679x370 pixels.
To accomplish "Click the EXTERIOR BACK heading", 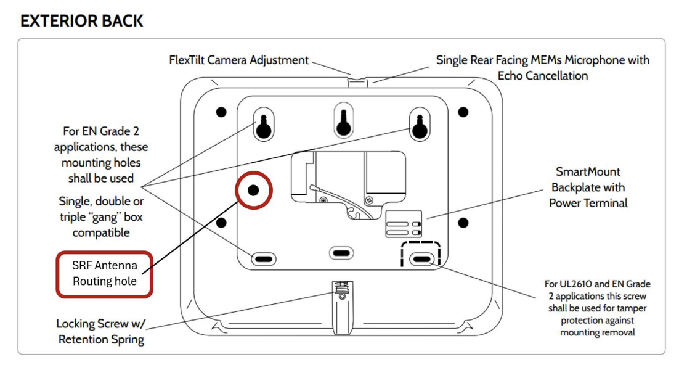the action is pyautogui.click(x=81, y=21).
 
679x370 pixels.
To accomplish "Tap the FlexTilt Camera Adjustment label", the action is pyautogui.click(x=238, y=60).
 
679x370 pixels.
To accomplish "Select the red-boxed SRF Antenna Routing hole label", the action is pyautogui.click(x=104, y=273).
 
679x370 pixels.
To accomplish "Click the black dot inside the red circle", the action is pyautogui.click(x=253, y=190).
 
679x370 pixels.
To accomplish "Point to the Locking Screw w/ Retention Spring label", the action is pyautogui.click(x=101, y=331).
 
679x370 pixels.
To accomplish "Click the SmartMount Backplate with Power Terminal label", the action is pyautogui.click(x=588, y=187).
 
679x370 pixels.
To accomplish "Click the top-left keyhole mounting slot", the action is pyautogui.click(x=264, y=125).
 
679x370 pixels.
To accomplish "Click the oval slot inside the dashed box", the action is pyautogui.click(x=422, y=259).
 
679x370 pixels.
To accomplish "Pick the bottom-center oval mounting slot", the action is pyautogui.click(x=341, y=253).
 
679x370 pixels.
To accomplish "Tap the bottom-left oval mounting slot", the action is pyautogui.click(x=264, y=259).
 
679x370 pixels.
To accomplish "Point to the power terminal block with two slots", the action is pyautogui.click(x=404, y=224).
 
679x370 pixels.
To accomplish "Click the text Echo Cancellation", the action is pyautogui.click(x=543, y=76).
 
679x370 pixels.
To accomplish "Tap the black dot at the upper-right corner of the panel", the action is pyautogui.click(x=463, y=112).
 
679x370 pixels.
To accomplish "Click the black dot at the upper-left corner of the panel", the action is pyautogui.click(x=221, y=112).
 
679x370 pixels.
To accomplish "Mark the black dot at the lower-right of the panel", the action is pyautogui.click(x=463, y=223).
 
